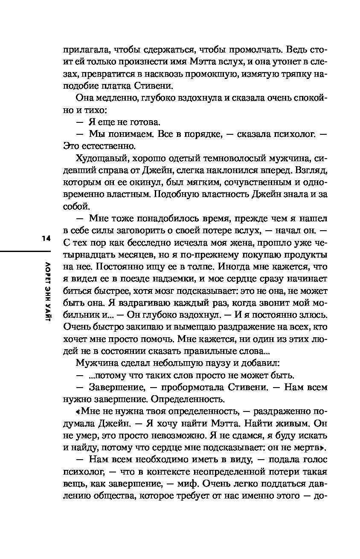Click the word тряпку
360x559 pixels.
[x=287, y=74]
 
